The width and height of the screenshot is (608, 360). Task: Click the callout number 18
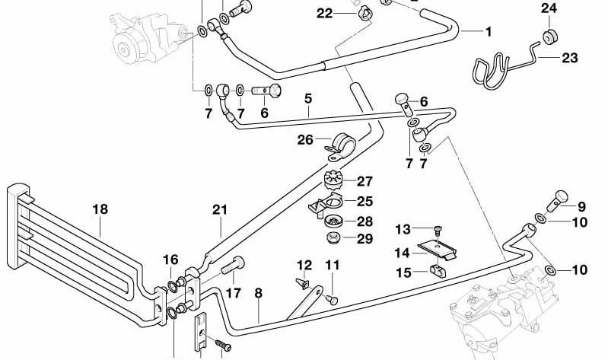click(x=100, y=209)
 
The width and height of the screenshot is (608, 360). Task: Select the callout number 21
click(x=220, y=210)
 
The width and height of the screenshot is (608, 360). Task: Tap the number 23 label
click(x=570, y=58)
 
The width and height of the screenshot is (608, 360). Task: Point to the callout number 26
click(x=305, y=139)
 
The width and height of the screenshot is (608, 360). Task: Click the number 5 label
click(x=308, y=98)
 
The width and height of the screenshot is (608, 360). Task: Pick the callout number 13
click(x=403, y=229)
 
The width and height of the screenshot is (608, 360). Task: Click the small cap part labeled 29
click(x=333, y=237)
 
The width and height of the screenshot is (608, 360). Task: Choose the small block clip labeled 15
click(x=438, y=271)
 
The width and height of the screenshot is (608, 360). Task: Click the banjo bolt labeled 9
click(x=557, y=201)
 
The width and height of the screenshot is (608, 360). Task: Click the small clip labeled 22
click(x=365, y=14)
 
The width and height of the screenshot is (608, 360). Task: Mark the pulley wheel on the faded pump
click(x=124, y=49)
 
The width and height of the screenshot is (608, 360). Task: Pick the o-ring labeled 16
click(x=172, y=287)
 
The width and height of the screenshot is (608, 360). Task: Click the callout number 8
click(x=259, y=293)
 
